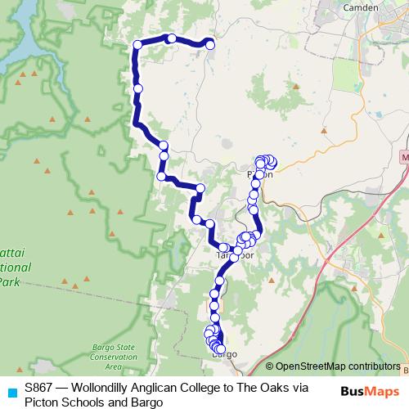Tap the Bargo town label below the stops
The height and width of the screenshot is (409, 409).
click(x=223, y=355)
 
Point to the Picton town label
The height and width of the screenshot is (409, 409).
click(x=258, y=174)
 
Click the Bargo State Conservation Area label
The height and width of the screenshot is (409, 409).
click(x=114, y=353)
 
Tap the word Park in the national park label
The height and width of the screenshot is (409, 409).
click(x=8, y=282)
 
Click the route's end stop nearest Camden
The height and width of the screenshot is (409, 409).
click(x=210, y=44)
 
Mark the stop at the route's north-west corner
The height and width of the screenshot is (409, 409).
click(x=138, y=46)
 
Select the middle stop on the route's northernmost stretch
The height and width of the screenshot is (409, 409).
click(x=172, y=38)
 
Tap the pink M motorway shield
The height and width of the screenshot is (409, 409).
click(x=404, y=155)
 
